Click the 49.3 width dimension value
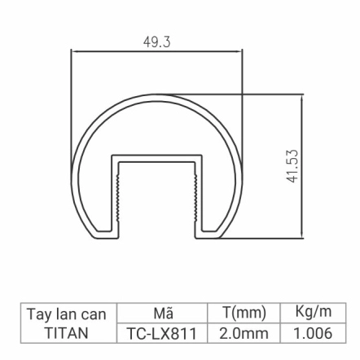(x=156, y=42)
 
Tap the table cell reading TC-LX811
(x=162, y=334)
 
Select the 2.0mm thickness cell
(x=244, y=334)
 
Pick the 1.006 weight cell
(x=313, y=334)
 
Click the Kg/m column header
(x=313, y=313)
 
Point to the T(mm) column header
(x=244, y=314)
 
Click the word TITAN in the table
(x=67, y=334)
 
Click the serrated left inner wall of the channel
(x=120, y=195)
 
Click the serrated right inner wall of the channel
(x=195, y=195)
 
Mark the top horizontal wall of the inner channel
(x=157, y=156)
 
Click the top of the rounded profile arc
(x=157, y=94)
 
